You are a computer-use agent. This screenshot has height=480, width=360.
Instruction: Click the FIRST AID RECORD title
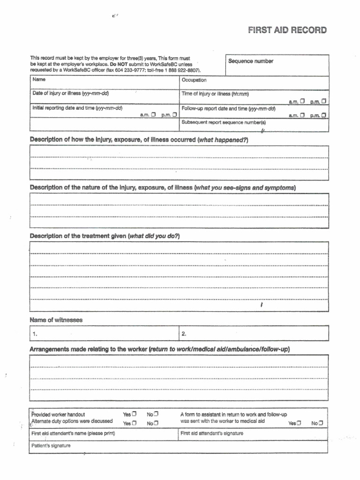(287, 30)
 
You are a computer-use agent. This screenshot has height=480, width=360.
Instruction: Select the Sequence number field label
(250, 61)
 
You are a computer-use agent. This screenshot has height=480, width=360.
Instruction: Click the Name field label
(39, 80)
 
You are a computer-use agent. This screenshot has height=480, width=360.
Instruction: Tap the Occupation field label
(194, 80)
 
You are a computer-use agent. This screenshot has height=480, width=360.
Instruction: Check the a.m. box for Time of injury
(302, 101)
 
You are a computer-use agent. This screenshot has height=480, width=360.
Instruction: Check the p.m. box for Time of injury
(324, 101)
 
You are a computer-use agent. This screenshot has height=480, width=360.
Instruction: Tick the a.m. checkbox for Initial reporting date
(153, 114)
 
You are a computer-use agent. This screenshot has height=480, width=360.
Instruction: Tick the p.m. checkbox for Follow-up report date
(324, 114)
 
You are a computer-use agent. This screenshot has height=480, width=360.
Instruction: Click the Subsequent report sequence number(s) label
(223, 122)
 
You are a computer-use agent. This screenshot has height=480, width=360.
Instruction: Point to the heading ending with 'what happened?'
(139, 140)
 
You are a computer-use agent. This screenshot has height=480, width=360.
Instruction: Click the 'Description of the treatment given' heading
(105, 236)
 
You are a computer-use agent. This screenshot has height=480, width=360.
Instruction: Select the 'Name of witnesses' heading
(56, 320)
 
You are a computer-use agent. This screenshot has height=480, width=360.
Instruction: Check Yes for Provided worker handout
(134, 414)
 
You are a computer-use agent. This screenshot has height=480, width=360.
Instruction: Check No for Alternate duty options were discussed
(156, 423)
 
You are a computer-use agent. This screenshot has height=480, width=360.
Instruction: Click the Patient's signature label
(51, 446)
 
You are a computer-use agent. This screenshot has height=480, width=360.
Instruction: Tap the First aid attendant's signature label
(212, 434)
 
